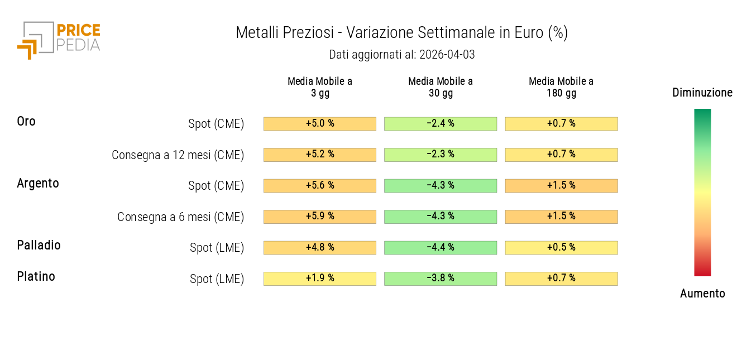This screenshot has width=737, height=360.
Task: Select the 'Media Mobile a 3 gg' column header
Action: pyautogui.click(x=320, y=87)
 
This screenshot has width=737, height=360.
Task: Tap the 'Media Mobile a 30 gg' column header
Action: pyautogui.click(x=441, y=87)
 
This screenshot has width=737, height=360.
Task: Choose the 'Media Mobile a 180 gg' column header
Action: pyautogui.click(x=561, y=87)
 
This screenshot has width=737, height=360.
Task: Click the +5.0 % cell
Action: pyautogui.click(x=320, y=123)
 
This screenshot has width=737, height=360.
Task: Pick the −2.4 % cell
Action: pyautogui.click(x=441, y=123)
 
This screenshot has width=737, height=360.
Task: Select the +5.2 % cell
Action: pyautogui.click(x=320, y=155)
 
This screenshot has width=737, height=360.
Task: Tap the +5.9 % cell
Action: pyautogui.click(x=320, y=217)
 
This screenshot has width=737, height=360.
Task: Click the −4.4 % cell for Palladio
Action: pyautogui.click(x=441, y=247)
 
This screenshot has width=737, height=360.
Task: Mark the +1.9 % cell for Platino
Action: pyautogui.click(x=320, y=279)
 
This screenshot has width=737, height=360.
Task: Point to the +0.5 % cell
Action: pyautogui.click(x=561, y=247)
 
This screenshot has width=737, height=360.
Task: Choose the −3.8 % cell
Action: pyautogui.click(x=441, y=279)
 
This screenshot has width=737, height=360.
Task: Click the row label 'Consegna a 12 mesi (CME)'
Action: pyautogui.click(x=178, y=155)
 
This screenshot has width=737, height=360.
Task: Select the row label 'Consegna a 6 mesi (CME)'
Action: pyautogui.click(x=180, y=217)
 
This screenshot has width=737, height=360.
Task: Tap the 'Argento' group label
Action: pyautogui.click(x=38, y=183)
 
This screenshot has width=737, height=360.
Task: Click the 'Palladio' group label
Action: pyautogui.click(x=39, y=245)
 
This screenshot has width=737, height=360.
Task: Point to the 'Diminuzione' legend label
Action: pyautogui.click(x=702, y=93)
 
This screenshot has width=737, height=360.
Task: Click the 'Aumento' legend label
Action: pyautogui.click(x=702, y=294)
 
